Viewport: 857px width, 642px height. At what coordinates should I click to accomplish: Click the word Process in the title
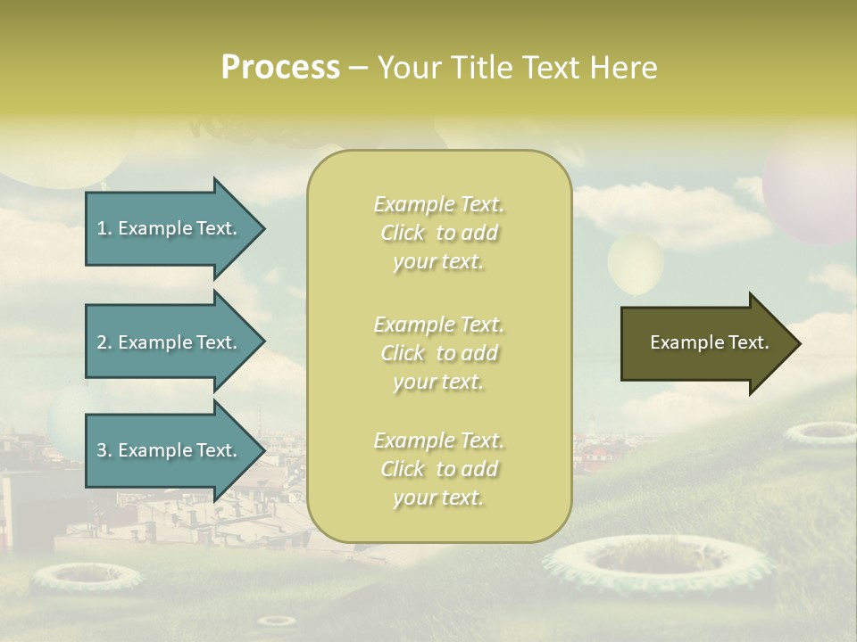(280, 68)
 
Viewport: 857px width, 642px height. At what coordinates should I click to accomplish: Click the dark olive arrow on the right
(705, 342)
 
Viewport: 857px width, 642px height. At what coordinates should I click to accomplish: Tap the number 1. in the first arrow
(104, 228)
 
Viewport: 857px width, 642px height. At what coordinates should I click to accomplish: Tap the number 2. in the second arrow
(104, 342)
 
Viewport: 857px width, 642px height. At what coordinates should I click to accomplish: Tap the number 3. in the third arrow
(104, 450)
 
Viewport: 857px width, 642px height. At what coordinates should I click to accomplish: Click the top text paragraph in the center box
(438, 233)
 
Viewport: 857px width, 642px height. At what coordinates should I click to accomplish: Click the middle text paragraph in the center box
(438, 353)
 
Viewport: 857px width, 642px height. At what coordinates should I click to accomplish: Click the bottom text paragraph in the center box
(438, 469)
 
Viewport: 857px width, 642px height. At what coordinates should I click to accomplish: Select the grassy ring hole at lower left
(87, 577)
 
